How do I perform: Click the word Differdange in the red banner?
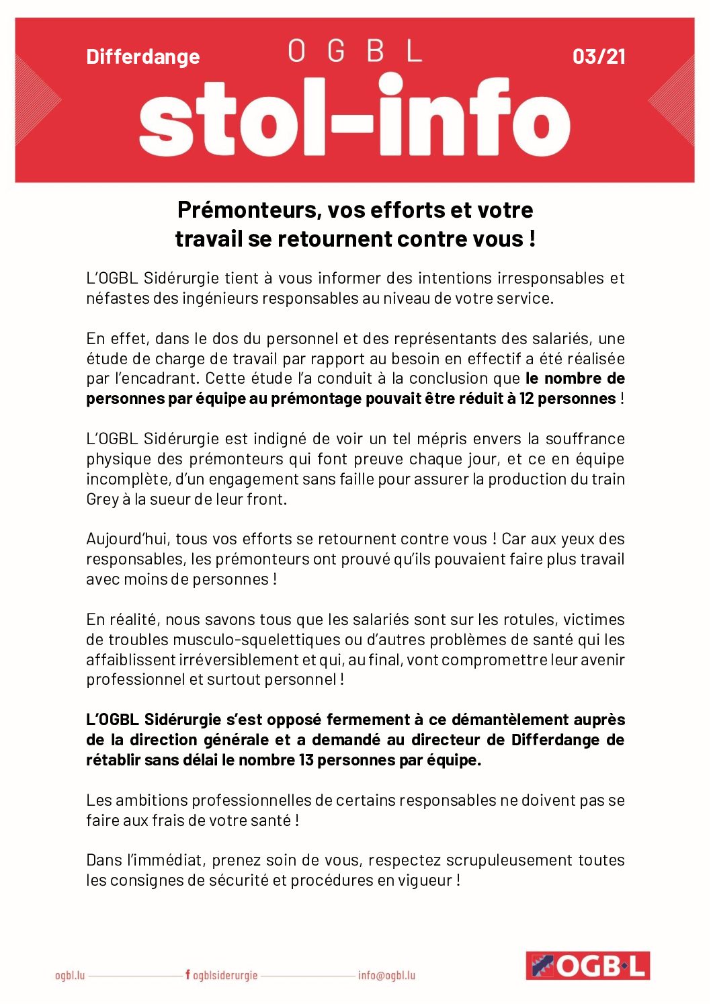pyautogui.click(x=142, y=56)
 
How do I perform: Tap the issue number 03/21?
pyautogui.click(x=599, y=56)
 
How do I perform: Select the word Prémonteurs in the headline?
pyautogui.click(x=249, y=210)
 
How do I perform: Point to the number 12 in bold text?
pyautogui.click(x=526, y=399)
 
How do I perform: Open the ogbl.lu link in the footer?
pyautogui.click(x=70, y=975)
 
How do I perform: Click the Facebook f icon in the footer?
pyautogui.click(x=187, y=974)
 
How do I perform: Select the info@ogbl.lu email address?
pyautogui.click(x=386, y=975)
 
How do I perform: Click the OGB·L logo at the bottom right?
pyautogui.click(x=587, y=966)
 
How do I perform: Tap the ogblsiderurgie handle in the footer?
pyautogui.click(x=225, y=975)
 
